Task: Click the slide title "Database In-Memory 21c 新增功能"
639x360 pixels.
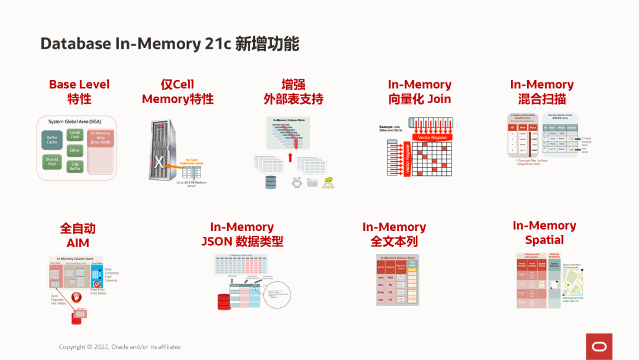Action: tap(170, 44)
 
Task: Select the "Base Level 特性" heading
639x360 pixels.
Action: tap(79, 92)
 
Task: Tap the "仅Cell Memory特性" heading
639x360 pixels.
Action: tap(177, 92)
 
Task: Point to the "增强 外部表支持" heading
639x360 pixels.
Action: tap(293, 92)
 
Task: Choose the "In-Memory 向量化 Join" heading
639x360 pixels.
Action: tap(419, 92)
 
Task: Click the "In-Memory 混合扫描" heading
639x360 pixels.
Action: tap(542, 92)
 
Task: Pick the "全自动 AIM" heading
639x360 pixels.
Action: tap(78, 235)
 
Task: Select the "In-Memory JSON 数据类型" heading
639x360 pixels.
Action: tap(242, 234)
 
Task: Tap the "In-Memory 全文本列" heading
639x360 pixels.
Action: tap(394, 234)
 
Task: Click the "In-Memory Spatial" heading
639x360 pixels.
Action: tap(544, 233)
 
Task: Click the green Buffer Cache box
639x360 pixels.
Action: tap(52, 140)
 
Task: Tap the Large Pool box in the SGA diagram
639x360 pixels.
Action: tap(75, 134)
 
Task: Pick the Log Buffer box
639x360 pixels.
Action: tap(75, 166)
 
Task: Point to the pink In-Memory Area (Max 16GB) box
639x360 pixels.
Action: tap(101, 151)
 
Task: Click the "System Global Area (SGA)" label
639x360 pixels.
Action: tap(75, 121)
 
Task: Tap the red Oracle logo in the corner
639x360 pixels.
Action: tap(599, 346)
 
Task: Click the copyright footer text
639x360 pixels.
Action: tap(120, 347)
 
